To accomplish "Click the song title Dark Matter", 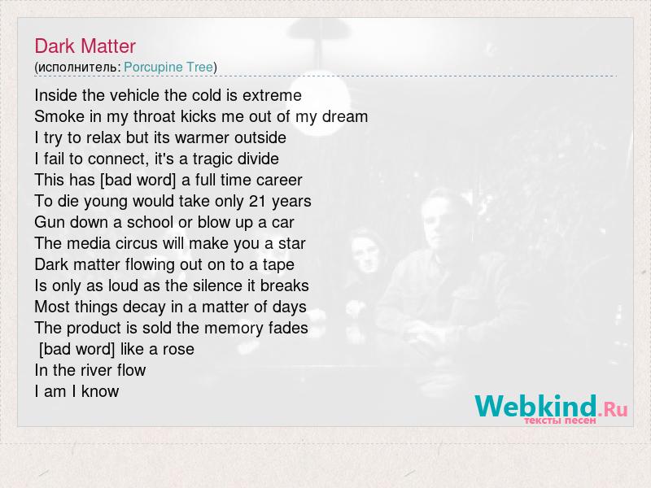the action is coord(85,46).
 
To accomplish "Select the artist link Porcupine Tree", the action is coord(168,67).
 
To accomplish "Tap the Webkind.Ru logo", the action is coord(551,408).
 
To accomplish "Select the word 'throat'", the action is coord(155,116).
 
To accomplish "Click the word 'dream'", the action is coord(345,116).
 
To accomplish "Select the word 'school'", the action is coord(151,222).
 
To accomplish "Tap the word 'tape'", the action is coord(278,265).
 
